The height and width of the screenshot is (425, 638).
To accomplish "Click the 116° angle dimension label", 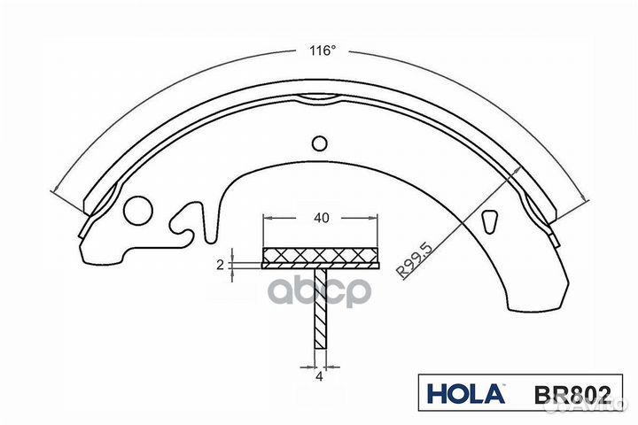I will click(x=323, y=50).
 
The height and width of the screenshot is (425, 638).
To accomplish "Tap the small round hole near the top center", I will click(x=320, y=143).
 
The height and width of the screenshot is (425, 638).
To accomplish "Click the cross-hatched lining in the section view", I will click(x=321, y=256).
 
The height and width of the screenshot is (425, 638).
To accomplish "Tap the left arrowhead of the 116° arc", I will click(x=57, y=189).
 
